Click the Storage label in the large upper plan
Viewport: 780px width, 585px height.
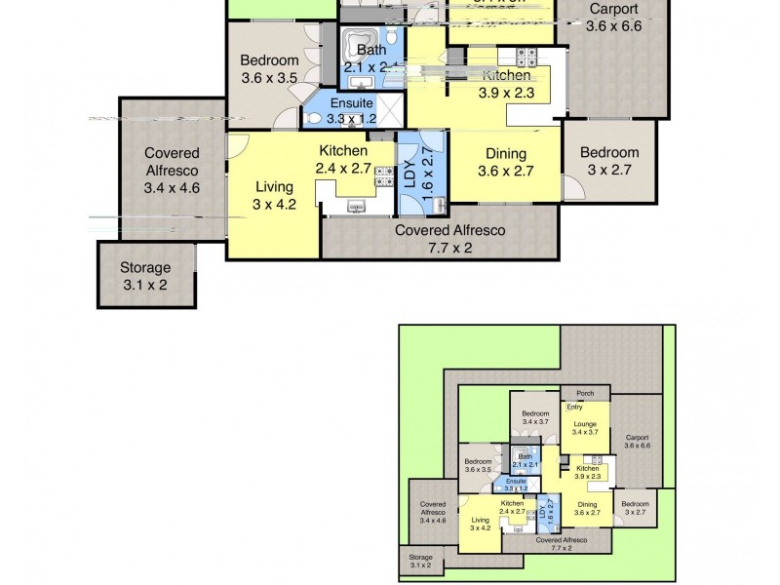[145, 267]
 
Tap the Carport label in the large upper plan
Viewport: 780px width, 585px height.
[614, 10]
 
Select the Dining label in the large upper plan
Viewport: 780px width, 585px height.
[502, 154]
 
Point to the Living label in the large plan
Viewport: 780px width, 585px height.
[274, 186]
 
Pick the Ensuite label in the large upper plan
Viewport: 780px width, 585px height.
[350, 103]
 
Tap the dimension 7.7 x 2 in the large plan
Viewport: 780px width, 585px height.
[449, 248]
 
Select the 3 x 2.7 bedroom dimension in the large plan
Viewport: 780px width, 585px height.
[609, 170]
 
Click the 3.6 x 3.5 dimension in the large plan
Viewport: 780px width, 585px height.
[269, 79]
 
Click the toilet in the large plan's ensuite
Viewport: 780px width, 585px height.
[314, 117]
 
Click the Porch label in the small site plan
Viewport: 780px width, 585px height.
[585, 393]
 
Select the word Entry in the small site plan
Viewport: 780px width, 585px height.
[574, 407]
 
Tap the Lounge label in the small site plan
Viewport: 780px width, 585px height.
[585, 424]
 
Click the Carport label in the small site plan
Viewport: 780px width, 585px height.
[638, 438]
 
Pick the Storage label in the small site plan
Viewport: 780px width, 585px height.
[420, 558]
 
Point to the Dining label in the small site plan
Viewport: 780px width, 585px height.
[586, 504]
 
